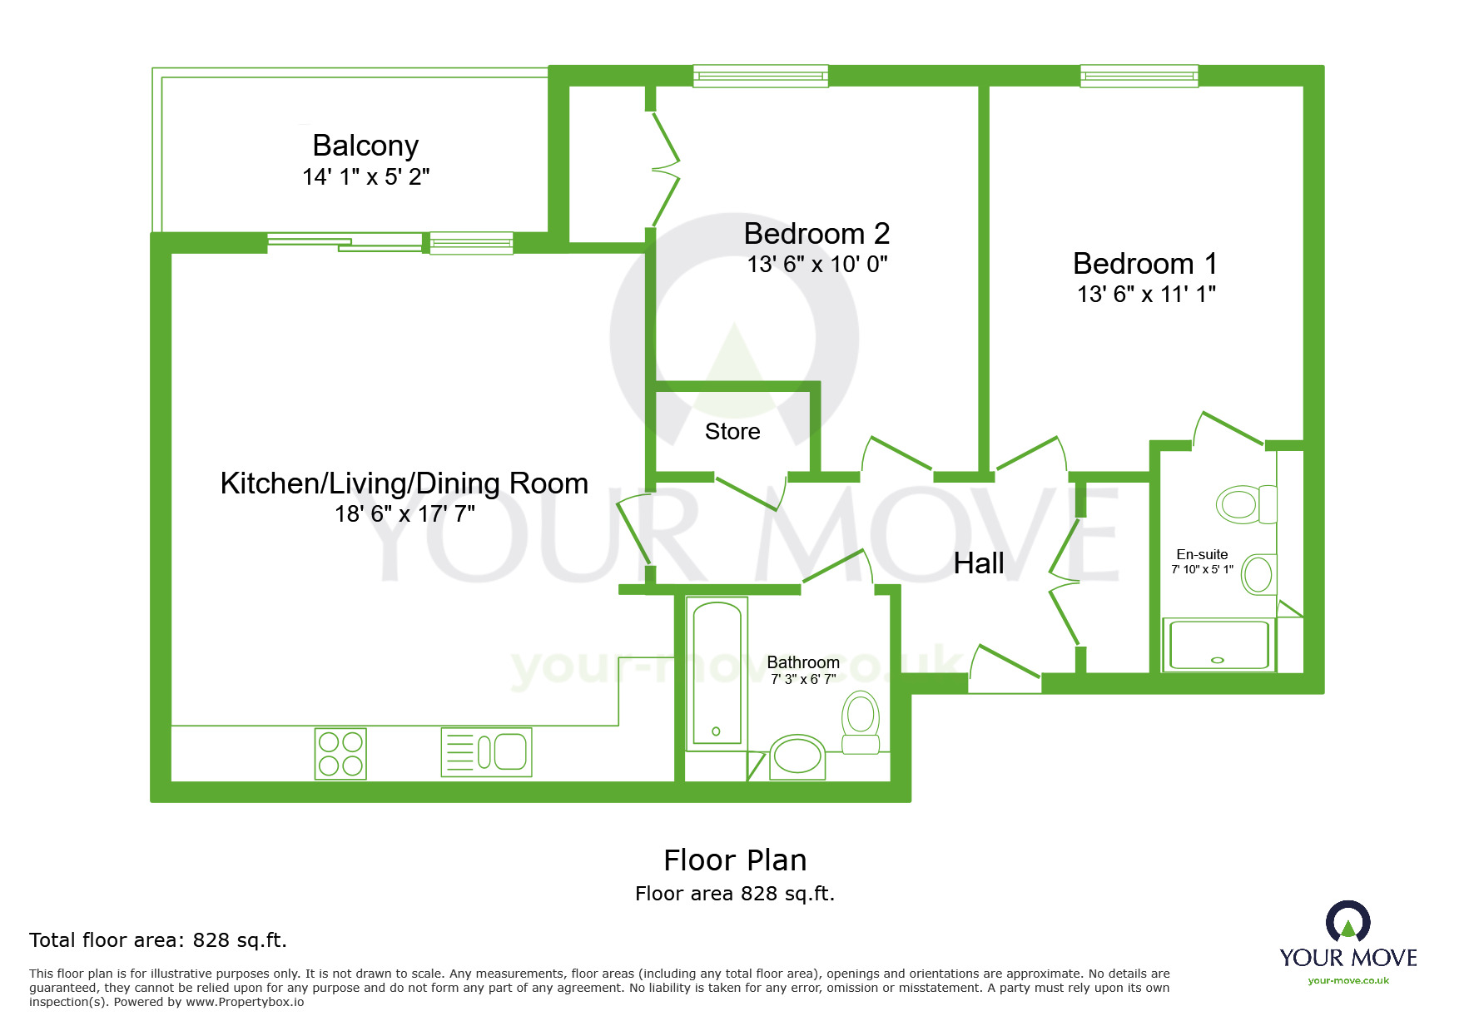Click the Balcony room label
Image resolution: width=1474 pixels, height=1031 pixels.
365,146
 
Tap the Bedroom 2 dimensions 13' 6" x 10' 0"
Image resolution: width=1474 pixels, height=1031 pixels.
817,265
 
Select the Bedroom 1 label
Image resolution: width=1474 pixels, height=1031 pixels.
1144,264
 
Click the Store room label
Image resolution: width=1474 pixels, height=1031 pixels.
732,432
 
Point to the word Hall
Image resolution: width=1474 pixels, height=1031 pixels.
978,563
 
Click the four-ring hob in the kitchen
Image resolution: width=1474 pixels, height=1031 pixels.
340,754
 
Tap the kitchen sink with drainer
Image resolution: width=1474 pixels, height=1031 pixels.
487,752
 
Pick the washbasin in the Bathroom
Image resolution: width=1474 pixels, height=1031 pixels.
797,756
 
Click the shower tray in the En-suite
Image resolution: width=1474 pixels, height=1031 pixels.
1218,644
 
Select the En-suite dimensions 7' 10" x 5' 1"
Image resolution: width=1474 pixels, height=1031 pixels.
1202,570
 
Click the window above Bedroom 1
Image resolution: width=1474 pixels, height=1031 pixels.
1139,77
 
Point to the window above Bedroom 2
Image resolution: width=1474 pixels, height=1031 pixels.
761,77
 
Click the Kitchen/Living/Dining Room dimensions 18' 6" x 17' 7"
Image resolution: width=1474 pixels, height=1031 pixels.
404,514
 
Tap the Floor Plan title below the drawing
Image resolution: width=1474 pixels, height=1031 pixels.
735,860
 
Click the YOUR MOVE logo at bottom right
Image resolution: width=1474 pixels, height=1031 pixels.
1348,944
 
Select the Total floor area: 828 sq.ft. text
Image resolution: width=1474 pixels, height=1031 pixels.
158,940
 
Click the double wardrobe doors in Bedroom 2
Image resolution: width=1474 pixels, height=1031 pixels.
667,170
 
